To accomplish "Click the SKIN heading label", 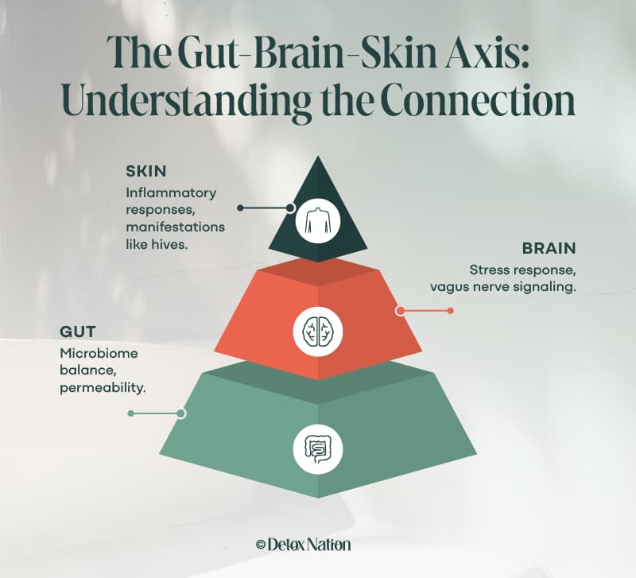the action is [146, 171].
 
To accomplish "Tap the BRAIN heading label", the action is [549, 248].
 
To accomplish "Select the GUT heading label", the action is [77, 332].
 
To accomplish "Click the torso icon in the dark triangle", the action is [318, 221].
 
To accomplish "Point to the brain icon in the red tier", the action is [317, 332].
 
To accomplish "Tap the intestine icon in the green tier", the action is [318, 449].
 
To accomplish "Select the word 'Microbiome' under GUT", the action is [99, 353].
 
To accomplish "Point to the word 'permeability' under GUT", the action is [102, 389].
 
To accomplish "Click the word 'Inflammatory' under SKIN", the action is [171, 193].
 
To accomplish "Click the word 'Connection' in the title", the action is [478, 101].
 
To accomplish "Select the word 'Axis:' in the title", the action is [487, 52].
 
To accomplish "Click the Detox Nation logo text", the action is [309, 545].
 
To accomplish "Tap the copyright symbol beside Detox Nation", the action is [261, 545].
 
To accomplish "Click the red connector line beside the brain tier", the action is [425, 311].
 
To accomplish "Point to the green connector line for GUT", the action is [157, 413].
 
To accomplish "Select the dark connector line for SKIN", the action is [266, 208].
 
